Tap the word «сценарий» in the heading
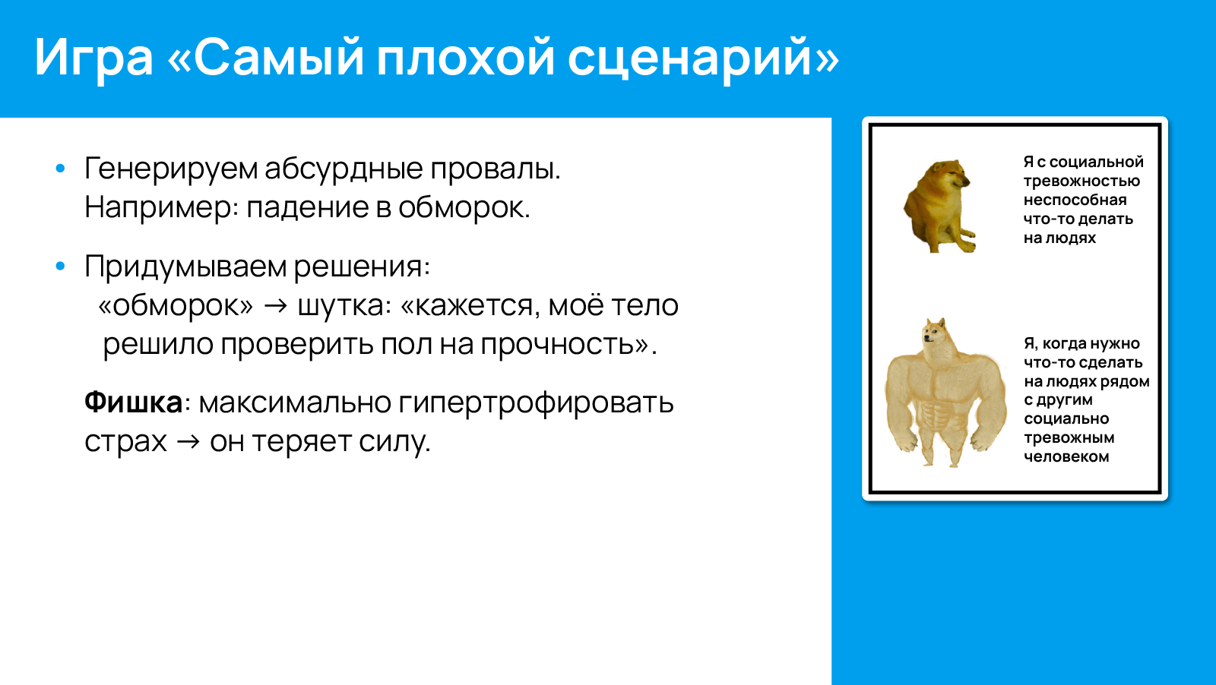703,58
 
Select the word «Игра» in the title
93,58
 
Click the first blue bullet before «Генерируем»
61,169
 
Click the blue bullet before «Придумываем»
61,267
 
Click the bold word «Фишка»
133,402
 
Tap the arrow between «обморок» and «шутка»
275,306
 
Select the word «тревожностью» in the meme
1081,182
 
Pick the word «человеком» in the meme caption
1066,457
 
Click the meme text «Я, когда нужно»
1081,344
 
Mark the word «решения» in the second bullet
361,267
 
